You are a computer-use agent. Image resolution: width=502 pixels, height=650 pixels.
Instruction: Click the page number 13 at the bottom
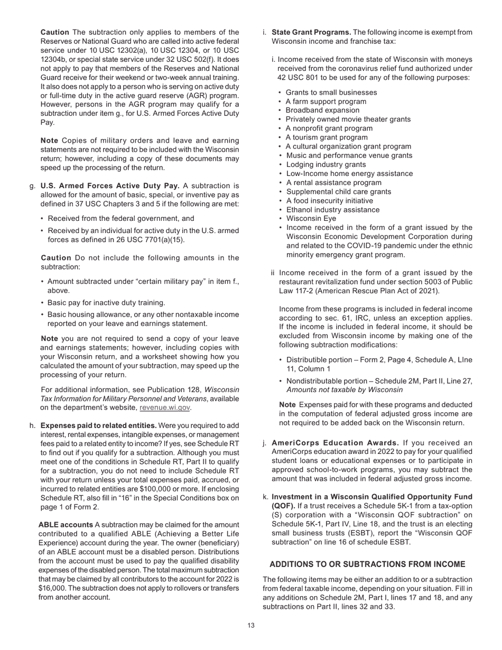[x=251, y=626]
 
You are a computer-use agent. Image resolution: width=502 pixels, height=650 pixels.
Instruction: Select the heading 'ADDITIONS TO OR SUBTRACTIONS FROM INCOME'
[x=367, y=564]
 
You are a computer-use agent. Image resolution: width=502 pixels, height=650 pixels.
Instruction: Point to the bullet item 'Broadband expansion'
[x=322, y=110]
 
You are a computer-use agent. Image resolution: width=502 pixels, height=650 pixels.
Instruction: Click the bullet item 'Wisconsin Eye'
[x=311, y=218]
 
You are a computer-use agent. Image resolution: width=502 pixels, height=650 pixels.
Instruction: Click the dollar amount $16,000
[x=51, y=588]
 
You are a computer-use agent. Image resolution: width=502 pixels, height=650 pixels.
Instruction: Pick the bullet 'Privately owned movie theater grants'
[x=348, y=119]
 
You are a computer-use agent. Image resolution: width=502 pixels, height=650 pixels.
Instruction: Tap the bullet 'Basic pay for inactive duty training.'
[x=106, y=303]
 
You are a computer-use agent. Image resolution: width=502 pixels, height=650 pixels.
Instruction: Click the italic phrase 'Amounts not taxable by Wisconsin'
[x=344, y=390]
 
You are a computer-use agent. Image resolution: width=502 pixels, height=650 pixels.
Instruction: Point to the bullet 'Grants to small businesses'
[x=331, y=92]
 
